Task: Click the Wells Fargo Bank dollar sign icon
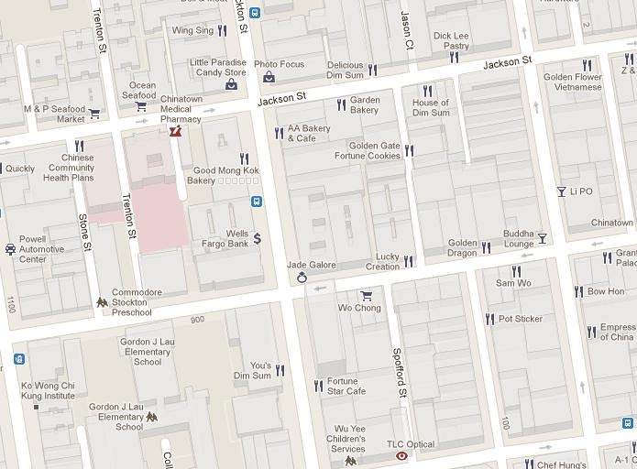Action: (x=258, y=238)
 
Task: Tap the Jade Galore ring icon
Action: (x=301, y=278)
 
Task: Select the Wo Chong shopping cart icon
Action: (x=367, y=295)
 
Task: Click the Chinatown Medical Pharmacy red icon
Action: (x=175, y=132)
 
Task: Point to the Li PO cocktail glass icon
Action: (x=561, y=191)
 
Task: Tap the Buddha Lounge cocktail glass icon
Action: (x=542, y=238)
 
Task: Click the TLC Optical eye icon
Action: (x=401, y=455)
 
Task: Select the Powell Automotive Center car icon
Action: (x=10, y=248)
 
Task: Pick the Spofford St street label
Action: (x=398, y=372)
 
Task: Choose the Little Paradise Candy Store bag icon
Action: (x=231, y=84)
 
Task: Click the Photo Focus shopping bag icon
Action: (x=269, y=77)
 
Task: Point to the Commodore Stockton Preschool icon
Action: (x=102, y=302)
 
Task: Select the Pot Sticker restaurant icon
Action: (x=489, y=319)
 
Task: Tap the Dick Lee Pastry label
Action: (x=450, y=40)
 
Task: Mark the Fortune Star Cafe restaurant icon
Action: (x=318, y=386)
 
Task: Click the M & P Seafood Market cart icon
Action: (x=93, y=115)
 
